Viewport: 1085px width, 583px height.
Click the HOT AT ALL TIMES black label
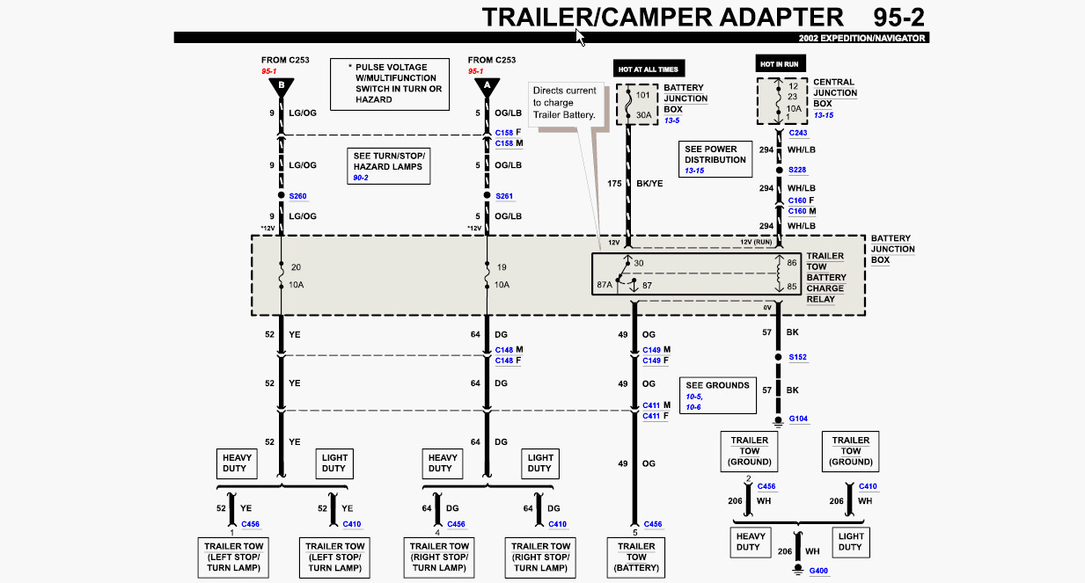(x=649, y=69)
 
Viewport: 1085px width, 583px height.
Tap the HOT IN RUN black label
(x=780, y=63)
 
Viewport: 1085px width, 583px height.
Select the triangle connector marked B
(x=282, y=87)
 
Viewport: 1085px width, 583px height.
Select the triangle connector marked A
(x=487, y=87)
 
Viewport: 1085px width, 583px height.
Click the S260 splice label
(x=298, y=196)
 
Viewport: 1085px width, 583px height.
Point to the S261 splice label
(x=504, y=196)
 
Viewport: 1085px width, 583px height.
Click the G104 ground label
(x=798, y=419)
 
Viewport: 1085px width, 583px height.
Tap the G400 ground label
(x=818, y=571)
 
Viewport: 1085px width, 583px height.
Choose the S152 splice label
(x=798, y=357)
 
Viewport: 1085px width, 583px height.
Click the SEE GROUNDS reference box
(x=718, y=396)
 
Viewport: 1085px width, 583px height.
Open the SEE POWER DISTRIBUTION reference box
(x=715, y=159)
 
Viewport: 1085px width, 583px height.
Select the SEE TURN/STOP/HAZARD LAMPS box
(x=388, y=166)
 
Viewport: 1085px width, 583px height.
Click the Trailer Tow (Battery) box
(x=636, y=557)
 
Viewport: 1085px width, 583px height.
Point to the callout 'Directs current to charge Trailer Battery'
(x=565, y=103)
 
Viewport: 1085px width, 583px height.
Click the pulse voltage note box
(x=390, y=84)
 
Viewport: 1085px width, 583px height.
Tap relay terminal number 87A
(x=605, y=285)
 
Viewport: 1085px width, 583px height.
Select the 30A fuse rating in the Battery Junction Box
(x=644, y=115)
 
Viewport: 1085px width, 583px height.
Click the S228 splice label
(x=797, y=170)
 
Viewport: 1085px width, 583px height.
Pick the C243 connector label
(x=798, y=133)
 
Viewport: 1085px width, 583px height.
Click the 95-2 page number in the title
(x=899, y=18)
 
